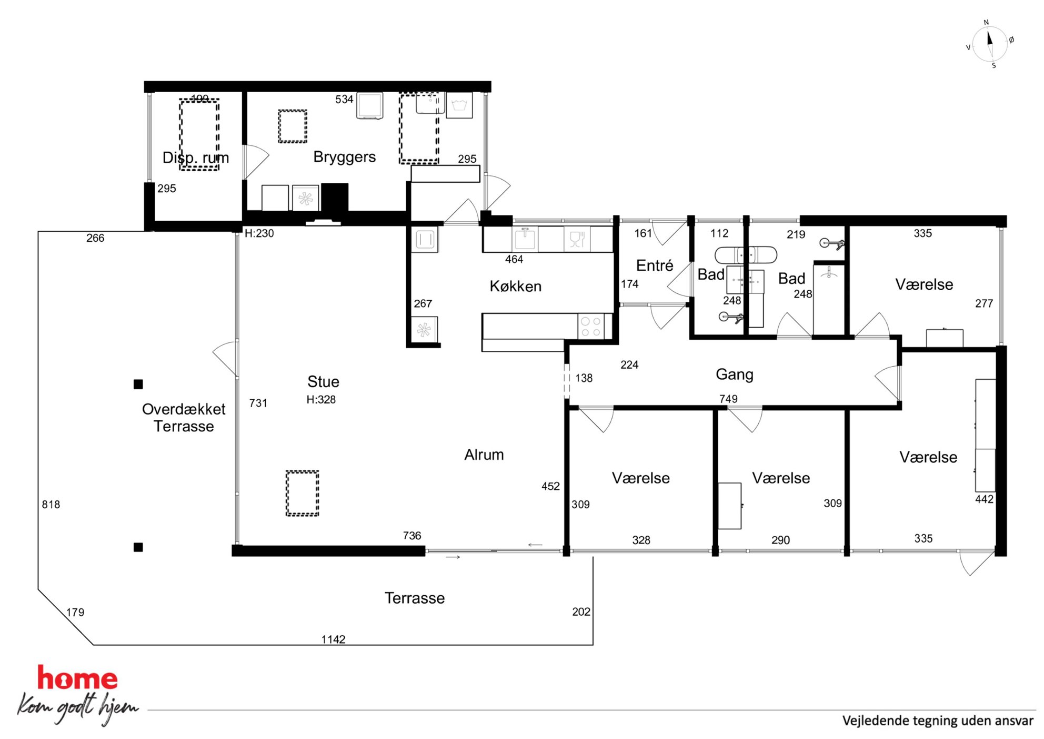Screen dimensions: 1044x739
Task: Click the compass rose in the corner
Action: pyautogui.click(x=989, y=44)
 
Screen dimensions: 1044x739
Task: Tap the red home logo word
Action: pyautogui.click(x=77, y=678)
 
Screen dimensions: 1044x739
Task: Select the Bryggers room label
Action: pyautogui.click(x=344, y=157)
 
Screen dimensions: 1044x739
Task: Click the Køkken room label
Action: pyautogui.click(x=515, y=286)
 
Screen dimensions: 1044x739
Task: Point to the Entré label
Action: pyautogui.click(x=655, y=265)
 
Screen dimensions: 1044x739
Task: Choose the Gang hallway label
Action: pyautogui.click(x=734, y=375)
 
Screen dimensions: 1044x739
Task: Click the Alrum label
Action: pyautogui.click(x=484, y=455)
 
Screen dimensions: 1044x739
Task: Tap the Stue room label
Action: pyautogui.click(x=323, y=381)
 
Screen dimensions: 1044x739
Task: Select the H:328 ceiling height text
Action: pyautogui.click(x=321, y=399)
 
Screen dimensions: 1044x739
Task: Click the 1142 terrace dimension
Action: pyautogui.click(x=334, y=639)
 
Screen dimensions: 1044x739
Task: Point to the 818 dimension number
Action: pyautogui.click(x=51, y=504)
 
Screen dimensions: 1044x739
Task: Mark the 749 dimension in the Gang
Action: pyautogui.click(x=728, y=399)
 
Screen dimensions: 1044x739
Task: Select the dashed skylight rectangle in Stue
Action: pyautogui.click(x=302, y=493)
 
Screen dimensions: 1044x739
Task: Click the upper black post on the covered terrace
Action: pyautogui.click(x=138, y=384)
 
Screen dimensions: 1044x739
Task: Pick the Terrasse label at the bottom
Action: pyautogui.click(x=415, y=598)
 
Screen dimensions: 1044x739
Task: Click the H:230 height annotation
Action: pyautogui.click(x=259, y=233)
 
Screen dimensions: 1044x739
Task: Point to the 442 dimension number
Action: pyautogui.click(x=984, y=499)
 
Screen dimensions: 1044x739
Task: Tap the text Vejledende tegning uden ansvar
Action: pyautogui.click(x=938, y=721)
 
